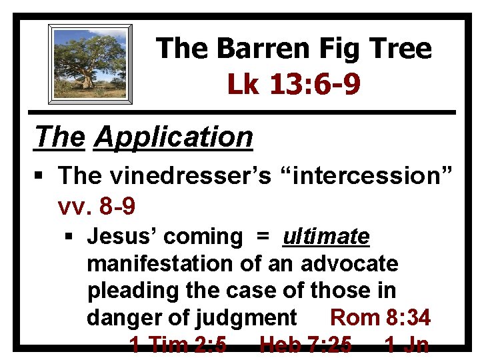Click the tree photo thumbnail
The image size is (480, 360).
(90, 64)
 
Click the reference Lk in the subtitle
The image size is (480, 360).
(243, 84)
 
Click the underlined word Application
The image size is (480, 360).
(173, 137)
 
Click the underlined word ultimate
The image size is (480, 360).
(326, 237)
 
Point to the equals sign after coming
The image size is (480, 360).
(263, 237)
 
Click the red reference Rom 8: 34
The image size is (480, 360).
(380, 318)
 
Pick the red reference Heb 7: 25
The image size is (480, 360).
(305, 345)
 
